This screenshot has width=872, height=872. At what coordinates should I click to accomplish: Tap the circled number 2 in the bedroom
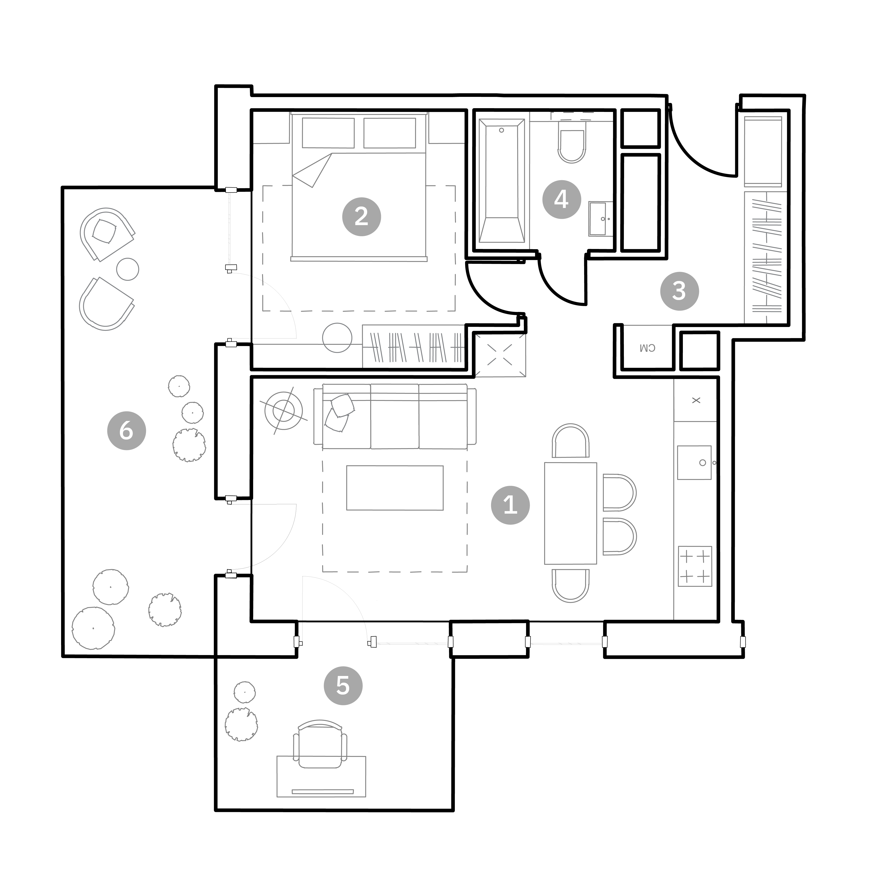(362, 217)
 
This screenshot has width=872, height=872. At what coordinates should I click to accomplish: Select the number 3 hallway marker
(679, 291)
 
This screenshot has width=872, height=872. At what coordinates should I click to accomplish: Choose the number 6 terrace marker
(126, 431)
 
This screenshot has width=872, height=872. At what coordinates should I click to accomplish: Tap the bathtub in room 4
(501, 181)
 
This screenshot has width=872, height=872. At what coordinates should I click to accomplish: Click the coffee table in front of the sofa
(395, 488)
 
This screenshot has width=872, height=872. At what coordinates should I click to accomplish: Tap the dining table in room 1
(571, 513)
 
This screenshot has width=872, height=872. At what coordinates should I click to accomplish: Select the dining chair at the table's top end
(571, 441)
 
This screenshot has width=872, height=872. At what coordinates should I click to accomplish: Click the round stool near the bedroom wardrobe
(337, 338)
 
